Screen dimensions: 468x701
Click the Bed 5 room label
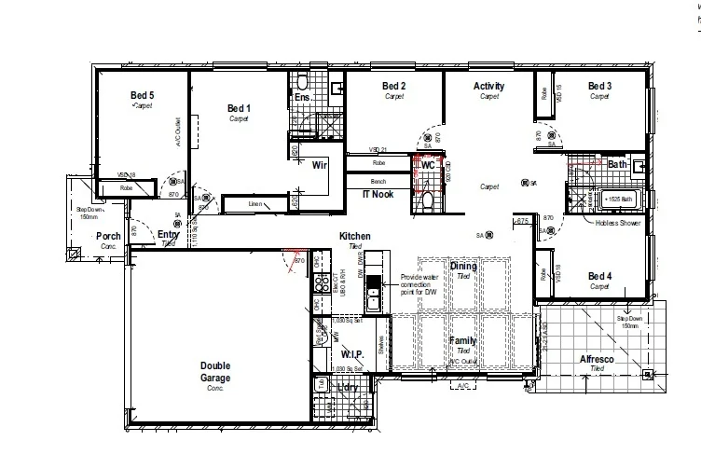coord(142,95)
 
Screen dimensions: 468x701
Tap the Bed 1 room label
coord(240,108)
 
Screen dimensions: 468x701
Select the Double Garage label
coord(214,371)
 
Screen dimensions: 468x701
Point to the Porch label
coord(109,236)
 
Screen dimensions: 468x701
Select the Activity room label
coord(488,87)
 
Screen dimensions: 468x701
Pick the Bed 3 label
coord(599,87)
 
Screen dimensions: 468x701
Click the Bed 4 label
coord(599,276)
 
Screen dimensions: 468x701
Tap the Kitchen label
coord(354,236)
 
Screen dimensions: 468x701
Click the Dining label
coord(463,267)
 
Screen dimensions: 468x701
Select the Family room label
coord(463,341)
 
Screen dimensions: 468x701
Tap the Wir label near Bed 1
coord(319,165)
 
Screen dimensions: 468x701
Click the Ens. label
coord(302,97)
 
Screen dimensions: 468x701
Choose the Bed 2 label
coord(393,87)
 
